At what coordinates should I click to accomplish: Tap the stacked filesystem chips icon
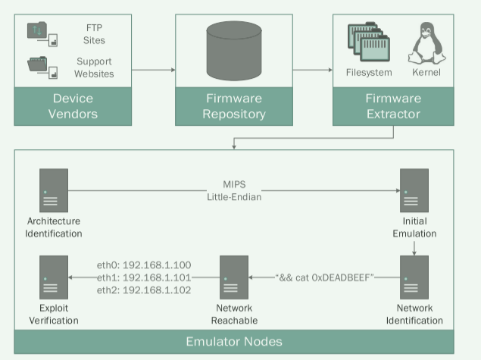[x=367, y=43]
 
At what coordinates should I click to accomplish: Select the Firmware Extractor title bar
[x=394, y=106]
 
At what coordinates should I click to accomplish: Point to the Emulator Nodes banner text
[x=234, y=341]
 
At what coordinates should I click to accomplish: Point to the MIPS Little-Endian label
[x=233, y=192]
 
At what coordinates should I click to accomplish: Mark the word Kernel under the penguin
[x=425, y=73]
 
